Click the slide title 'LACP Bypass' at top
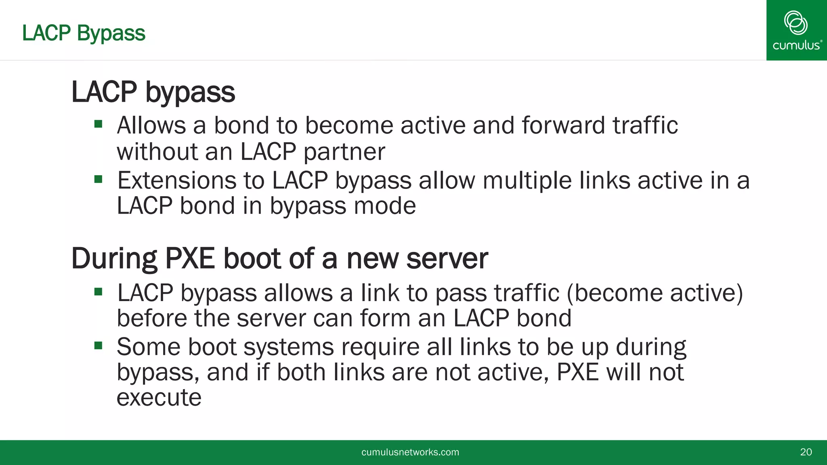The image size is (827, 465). coord(84,33)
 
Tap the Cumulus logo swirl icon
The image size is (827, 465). coord(796,23)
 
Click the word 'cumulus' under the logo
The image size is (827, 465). coord(796,45)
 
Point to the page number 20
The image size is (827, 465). coord(806,452)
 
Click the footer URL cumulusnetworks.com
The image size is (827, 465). coord(410,452)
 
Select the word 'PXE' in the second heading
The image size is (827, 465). coord(190,258)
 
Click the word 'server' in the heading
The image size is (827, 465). coord(447,258)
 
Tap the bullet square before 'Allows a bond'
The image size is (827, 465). coord(98,124)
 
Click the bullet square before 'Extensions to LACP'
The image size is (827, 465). coord(98,178)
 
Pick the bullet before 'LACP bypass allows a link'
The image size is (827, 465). coord(98,291)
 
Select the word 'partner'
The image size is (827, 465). coord(344,152)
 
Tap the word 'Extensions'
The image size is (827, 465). coord(176,180)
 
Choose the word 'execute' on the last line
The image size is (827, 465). coord(159,398)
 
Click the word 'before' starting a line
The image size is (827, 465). coord(152,318)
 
